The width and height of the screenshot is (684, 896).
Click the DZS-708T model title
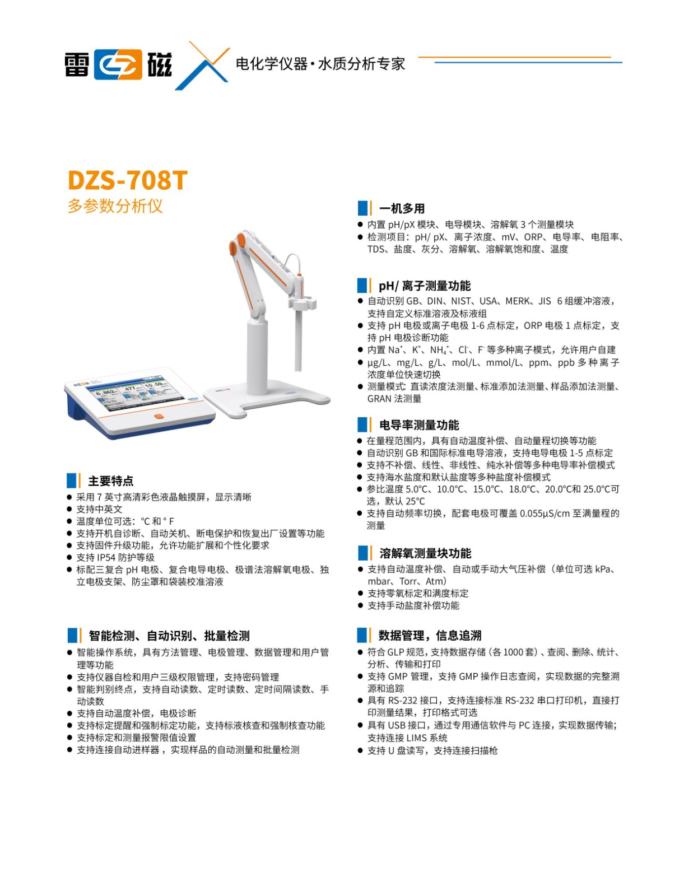pos(127,180)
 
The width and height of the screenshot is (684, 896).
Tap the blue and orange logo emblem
pos(118,64)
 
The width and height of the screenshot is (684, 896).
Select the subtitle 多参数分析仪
pos(115,206)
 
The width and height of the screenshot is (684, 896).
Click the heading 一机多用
pos(402,208)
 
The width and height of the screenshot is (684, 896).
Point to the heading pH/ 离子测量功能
pos(425,286)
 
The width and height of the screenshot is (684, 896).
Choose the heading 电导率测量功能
pos(419,425)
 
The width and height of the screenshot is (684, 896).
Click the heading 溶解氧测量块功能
pos(425,553)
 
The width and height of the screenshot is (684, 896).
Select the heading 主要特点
pos(111,481)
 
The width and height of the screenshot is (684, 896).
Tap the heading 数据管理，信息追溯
pos(430,635)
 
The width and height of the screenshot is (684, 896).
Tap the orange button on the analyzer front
pos(159,417)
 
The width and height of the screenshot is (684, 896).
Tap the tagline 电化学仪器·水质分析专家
pos(320,64)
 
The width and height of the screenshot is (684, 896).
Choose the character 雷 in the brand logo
pos(77,64)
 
